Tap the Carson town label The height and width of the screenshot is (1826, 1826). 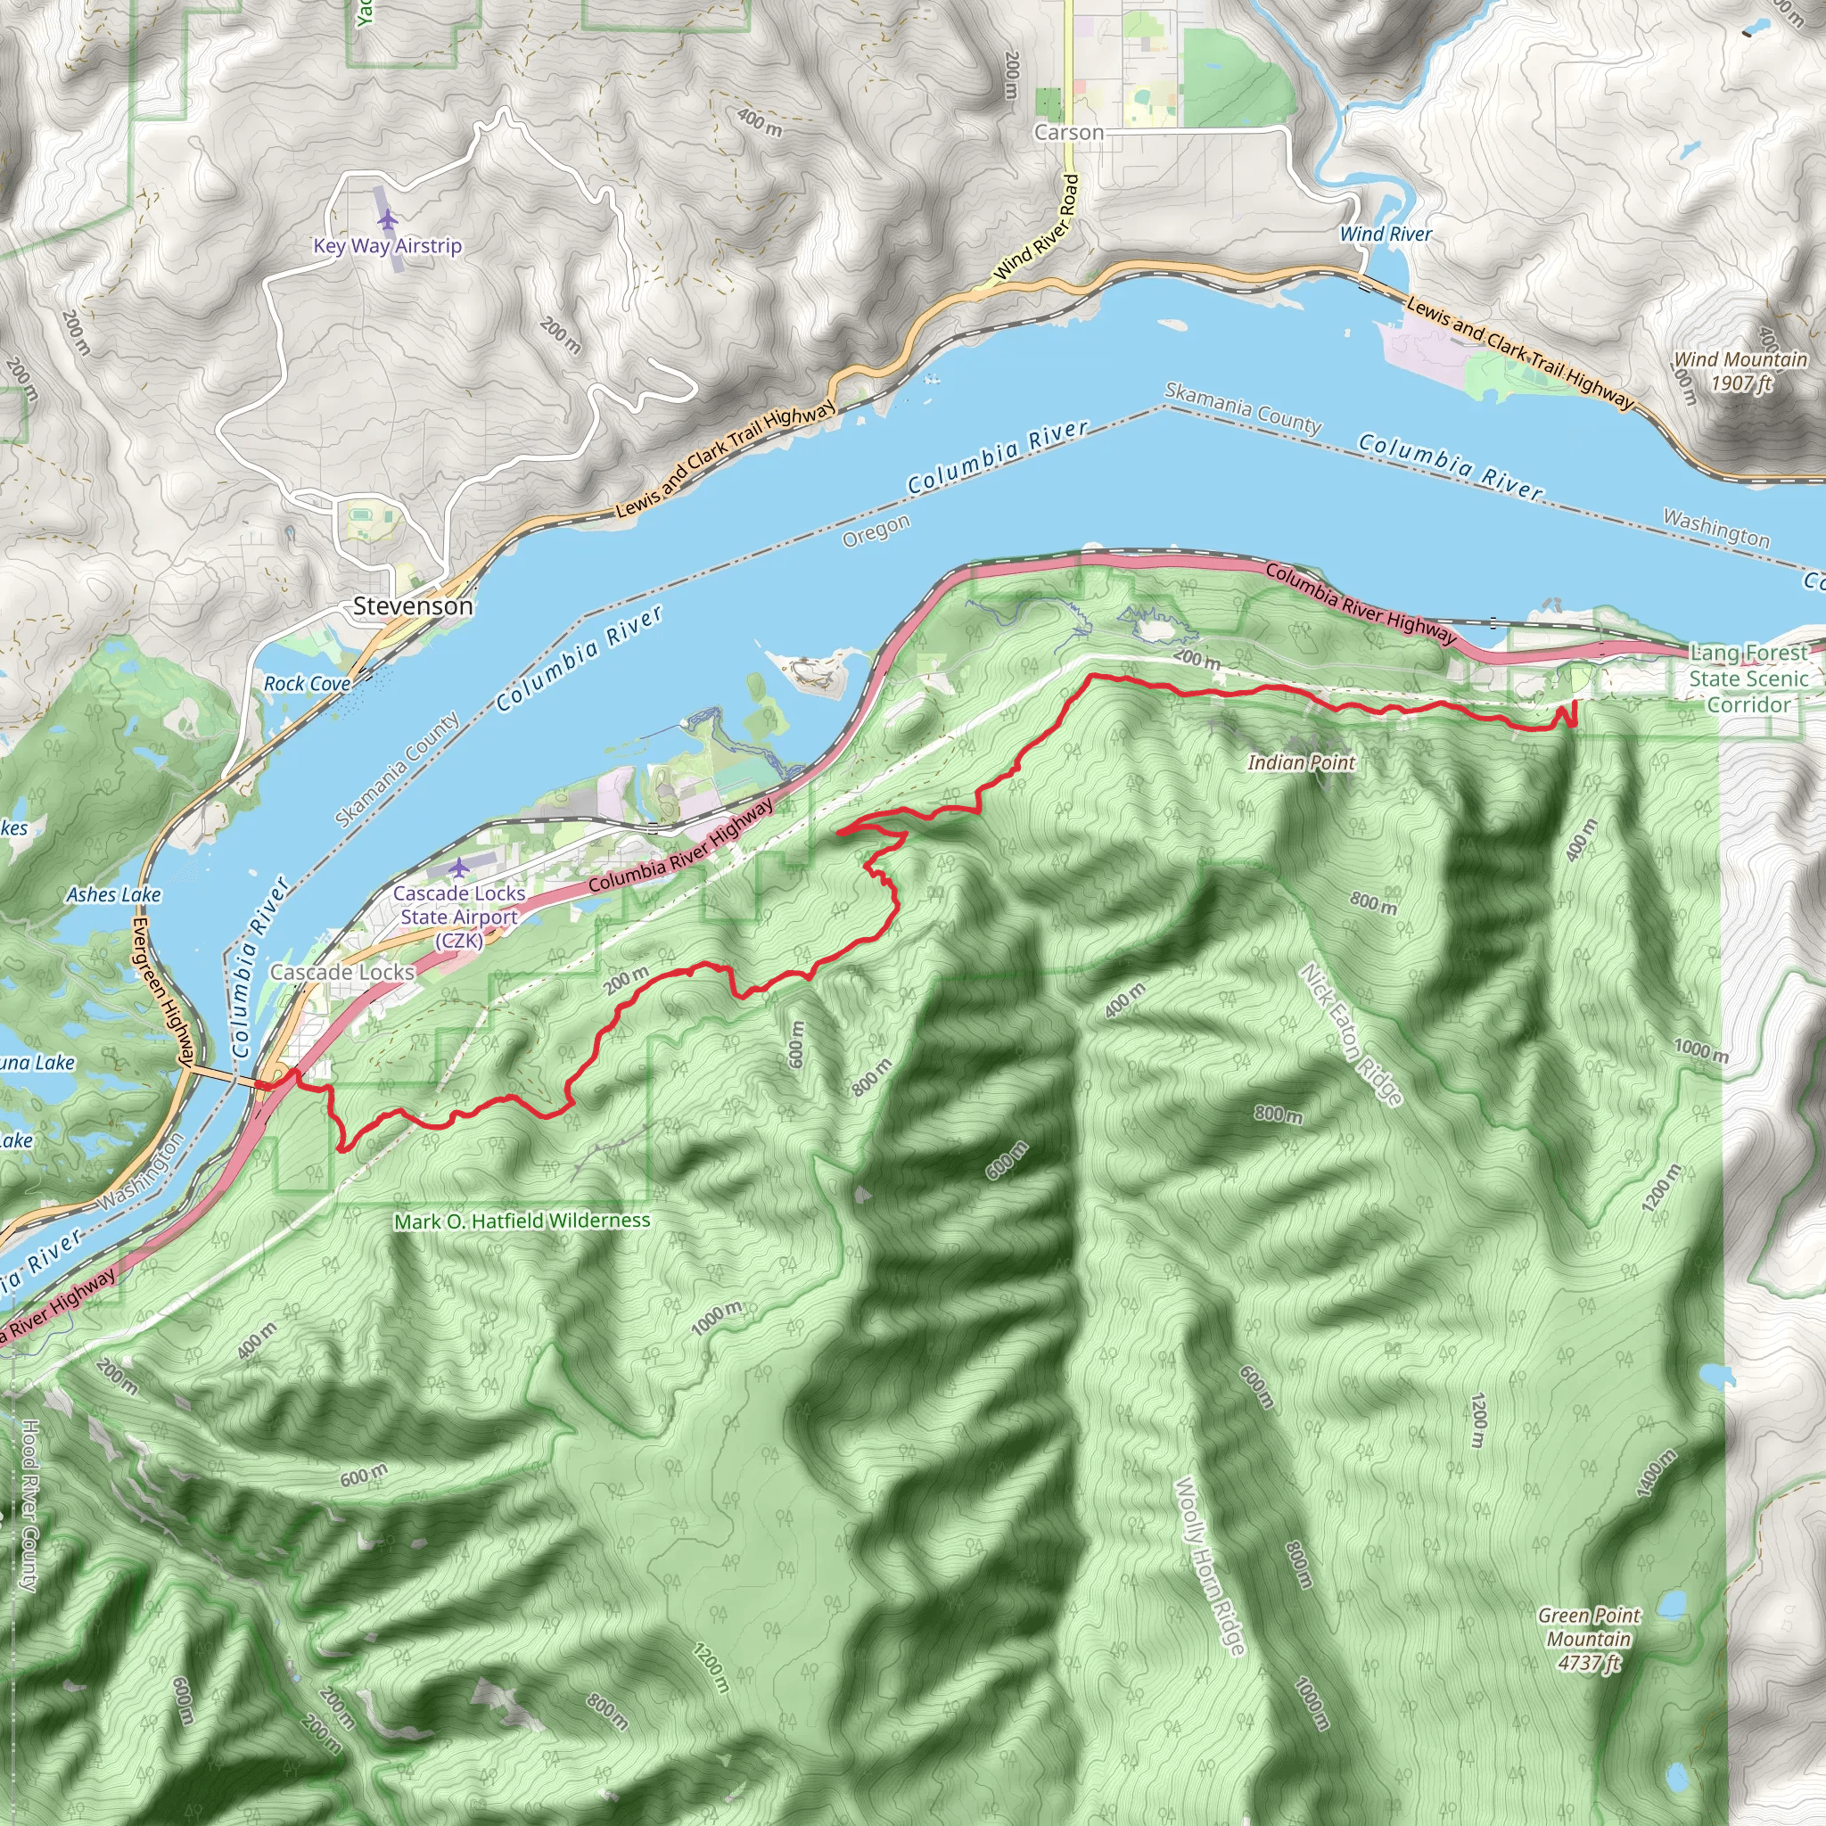[x=1068, y=132]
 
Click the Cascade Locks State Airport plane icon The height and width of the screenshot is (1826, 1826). [x=459, y=867]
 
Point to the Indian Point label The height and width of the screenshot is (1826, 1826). [x=1301, y=761]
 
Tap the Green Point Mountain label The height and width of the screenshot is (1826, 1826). [x=1589, y=1639]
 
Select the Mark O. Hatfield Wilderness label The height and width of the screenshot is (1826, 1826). [x=522, y=1221]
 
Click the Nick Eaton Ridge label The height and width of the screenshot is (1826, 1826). [x=1352, y=1034]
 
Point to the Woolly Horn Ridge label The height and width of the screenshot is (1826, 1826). [x=1209, y=1565]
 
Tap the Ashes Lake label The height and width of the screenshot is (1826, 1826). [x=113, y=894]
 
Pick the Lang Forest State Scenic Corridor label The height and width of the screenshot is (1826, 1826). [x=1748, y=678]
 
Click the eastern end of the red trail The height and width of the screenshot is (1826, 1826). [x=1575, y=703]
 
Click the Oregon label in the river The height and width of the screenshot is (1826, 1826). [x=876, y=531]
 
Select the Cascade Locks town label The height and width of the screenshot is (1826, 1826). [x=342, y=972]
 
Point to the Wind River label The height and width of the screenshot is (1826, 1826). [x=1386, y=234]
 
